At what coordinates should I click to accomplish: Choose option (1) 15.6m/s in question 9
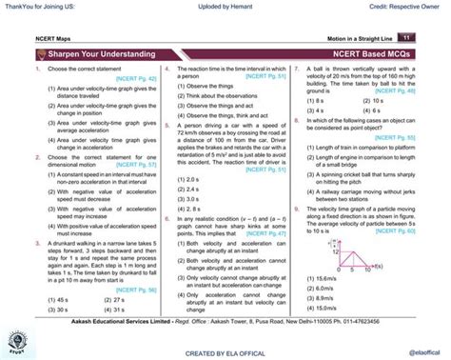(324, 278)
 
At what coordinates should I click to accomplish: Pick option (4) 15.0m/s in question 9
(324, 310)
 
